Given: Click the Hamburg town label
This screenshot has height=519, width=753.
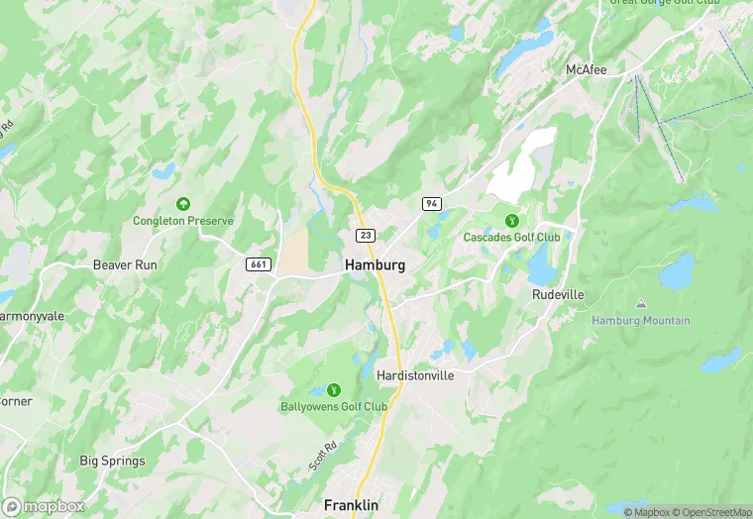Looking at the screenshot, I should coord(375,265).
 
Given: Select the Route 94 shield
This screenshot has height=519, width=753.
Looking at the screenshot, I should coord(431,203).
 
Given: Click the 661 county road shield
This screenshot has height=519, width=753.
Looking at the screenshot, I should coord(259,264).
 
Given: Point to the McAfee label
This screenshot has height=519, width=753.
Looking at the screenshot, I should coord(586,69).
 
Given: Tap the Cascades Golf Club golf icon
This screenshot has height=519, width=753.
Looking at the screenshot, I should coord(512,220).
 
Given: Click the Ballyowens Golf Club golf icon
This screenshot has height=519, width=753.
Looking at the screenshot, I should coord(333,389).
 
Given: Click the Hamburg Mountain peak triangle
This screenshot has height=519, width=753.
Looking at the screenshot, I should coord(641,304).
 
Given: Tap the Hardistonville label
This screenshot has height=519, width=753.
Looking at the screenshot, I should coord(415,375).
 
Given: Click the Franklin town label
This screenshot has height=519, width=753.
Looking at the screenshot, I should coord(351,505).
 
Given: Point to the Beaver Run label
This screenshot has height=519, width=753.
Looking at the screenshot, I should coord(125,265).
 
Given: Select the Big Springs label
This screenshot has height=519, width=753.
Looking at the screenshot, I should coord(112,461).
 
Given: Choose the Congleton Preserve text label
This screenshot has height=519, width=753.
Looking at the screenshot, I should coord(183,221).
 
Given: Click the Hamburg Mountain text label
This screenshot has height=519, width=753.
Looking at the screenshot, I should coord(641,320).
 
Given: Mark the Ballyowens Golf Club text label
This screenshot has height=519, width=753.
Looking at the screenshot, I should coord(333,406).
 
